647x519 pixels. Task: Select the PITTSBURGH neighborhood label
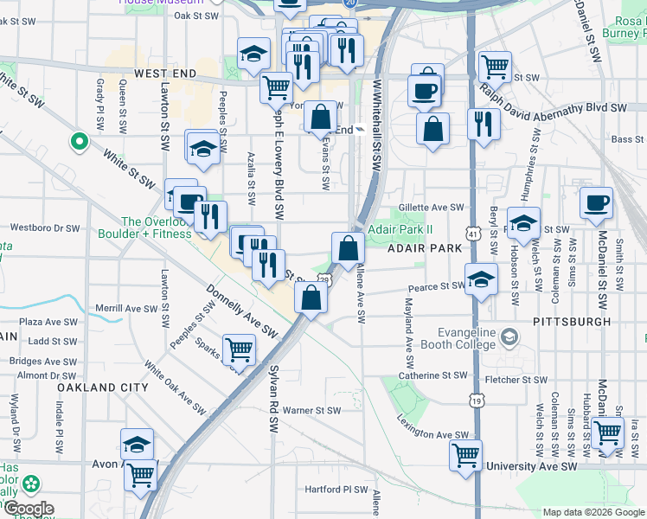click(x=572, y=321)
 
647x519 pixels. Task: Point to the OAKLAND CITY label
click(x=103, y=388)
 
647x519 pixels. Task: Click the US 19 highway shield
click(x=477, y=400)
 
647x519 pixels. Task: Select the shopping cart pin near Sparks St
click(x=239, y=349)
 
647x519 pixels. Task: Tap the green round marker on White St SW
click(x=79, y=140)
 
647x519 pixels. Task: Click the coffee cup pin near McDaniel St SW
click(x=596, y=203)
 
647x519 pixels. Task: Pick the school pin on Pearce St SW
click(x=481, y=279)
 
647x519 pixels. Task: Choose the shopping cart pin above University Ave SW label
click(x=466, y=454)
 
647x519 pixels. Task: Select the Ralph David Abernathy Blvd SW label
click(x=554, y=99)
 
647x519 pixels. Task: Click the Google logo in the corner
click(x=29, y=509)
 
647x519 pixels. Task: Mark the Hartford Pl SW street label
click(x=337, y=489)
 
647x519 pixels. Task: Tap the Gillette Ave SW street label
click(x=431, y=208)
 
